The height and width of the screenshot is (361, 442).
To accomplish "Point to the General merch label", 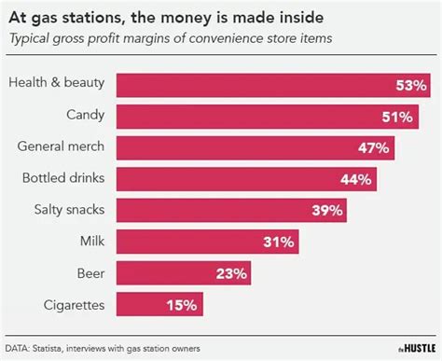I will (x=61, y=146).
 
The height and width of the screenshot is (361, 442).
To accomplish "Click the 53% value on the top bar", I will (x=410, y=85).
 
